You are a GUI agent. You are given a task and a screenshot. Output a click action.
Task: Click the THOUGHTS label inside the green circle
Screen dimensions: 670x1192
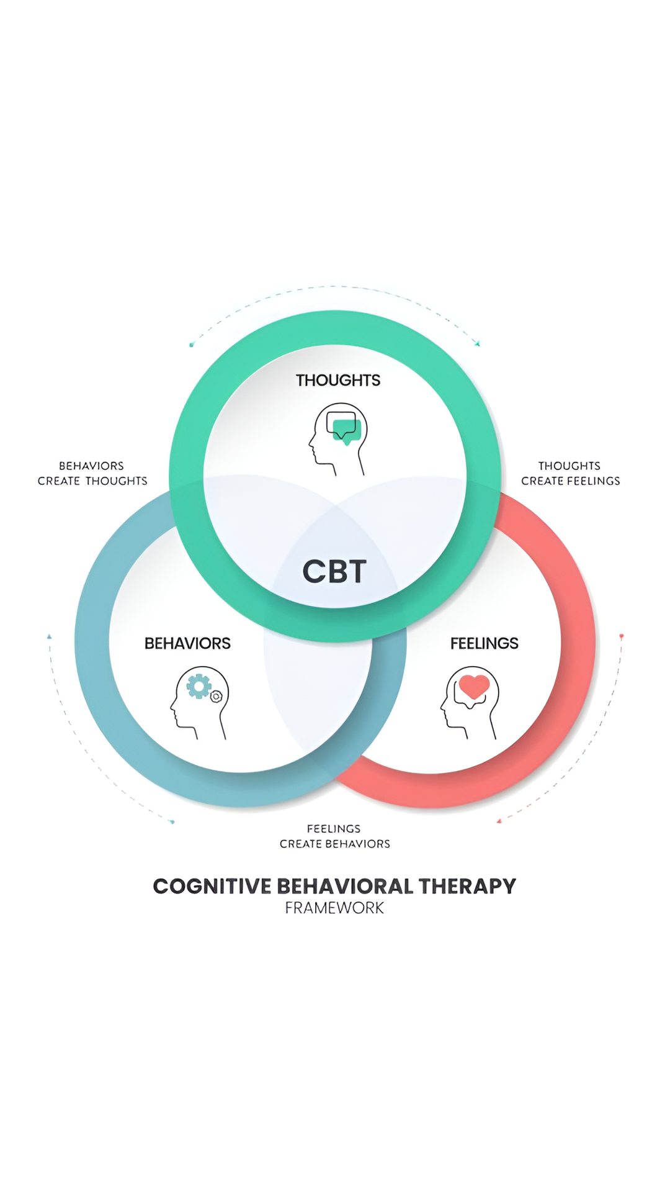338,380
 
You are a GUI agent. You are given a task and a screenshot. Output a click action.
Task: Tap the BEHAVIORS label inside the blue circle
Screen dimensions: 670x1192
187,643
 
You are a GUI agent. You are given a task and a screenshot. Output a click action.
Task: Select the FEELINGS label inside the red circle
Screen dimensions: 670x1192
484,643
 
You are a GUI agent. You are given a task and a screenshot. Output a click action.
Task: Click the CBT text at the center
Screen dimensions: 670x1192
334,571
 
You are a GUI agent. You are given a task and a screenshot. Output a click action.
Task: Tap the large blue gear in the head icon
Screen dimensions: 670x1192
199,687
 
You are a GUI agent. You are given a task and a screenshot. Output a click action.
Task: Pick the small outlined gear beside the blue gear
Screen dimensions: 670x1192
216,697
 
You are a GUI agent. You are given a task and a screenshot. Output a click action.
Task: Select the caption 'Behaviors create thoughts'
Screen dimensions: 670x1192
92,473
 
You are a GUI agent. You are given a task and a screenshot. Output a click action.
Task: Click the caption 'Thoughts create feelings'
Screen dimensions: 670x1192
571,473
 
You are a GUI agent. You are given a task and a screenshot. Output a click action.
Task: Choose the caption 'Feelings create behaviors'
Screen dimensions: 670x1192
335,836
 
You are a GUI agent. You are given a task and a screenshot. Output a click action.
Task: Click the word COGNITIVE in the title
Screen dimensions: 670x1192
212,886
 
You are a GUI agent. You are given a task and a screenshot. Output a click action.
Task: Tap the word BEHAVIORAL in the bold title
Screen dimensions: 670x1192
344,886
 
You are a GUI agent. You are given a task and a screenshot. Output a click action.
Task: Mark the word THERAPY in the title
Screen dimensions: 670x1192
467,886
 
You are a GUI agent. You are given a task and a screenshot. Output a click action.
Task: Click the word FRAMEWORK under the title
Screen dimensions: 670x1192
334,908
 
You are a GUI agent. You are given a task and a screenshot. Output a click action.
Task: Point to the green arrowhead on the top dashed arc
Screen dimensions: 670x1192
477,343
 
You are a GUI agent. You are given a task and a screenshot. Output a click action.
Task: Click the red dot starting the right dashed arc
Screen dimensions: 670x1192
622,636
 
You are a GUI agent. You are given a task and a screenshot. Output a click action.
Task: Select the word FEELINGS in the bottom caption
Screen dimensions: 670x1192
334,829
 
